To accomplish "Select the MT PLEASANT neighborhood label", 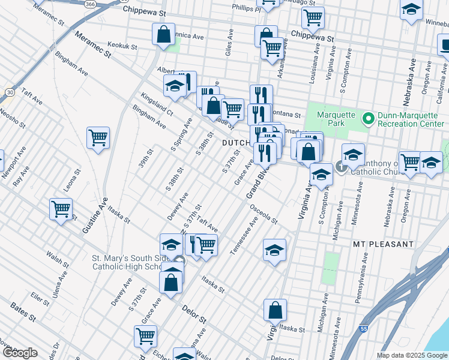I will [383, 244].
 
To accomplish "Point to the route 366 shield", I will [89, 4].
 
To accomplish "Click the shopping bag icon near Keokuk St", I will [163, 35].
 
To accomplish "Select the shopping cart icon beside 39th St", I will [98, 138].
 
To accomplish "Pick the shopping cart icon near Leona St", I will [61, 209].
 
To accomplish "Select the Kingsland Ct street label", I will [157, 104].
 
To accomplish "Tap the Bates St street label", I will [25, 314].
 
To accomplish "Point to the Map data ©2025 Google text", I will [412, 355].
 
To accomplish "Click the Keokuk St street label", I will [122, 46].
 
